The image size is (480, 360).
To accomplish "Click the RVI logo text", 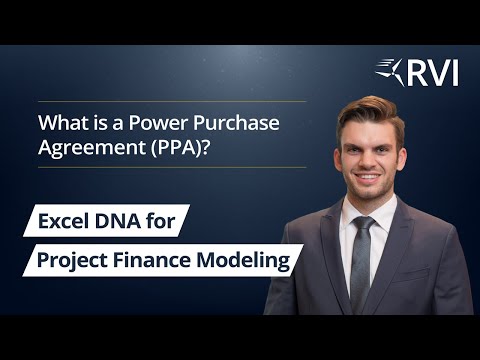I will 433,72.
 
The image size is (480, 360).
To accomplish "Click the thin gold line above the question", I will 170,101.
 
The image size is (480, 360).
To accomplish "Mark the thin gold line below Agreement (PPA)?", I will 170,167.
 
